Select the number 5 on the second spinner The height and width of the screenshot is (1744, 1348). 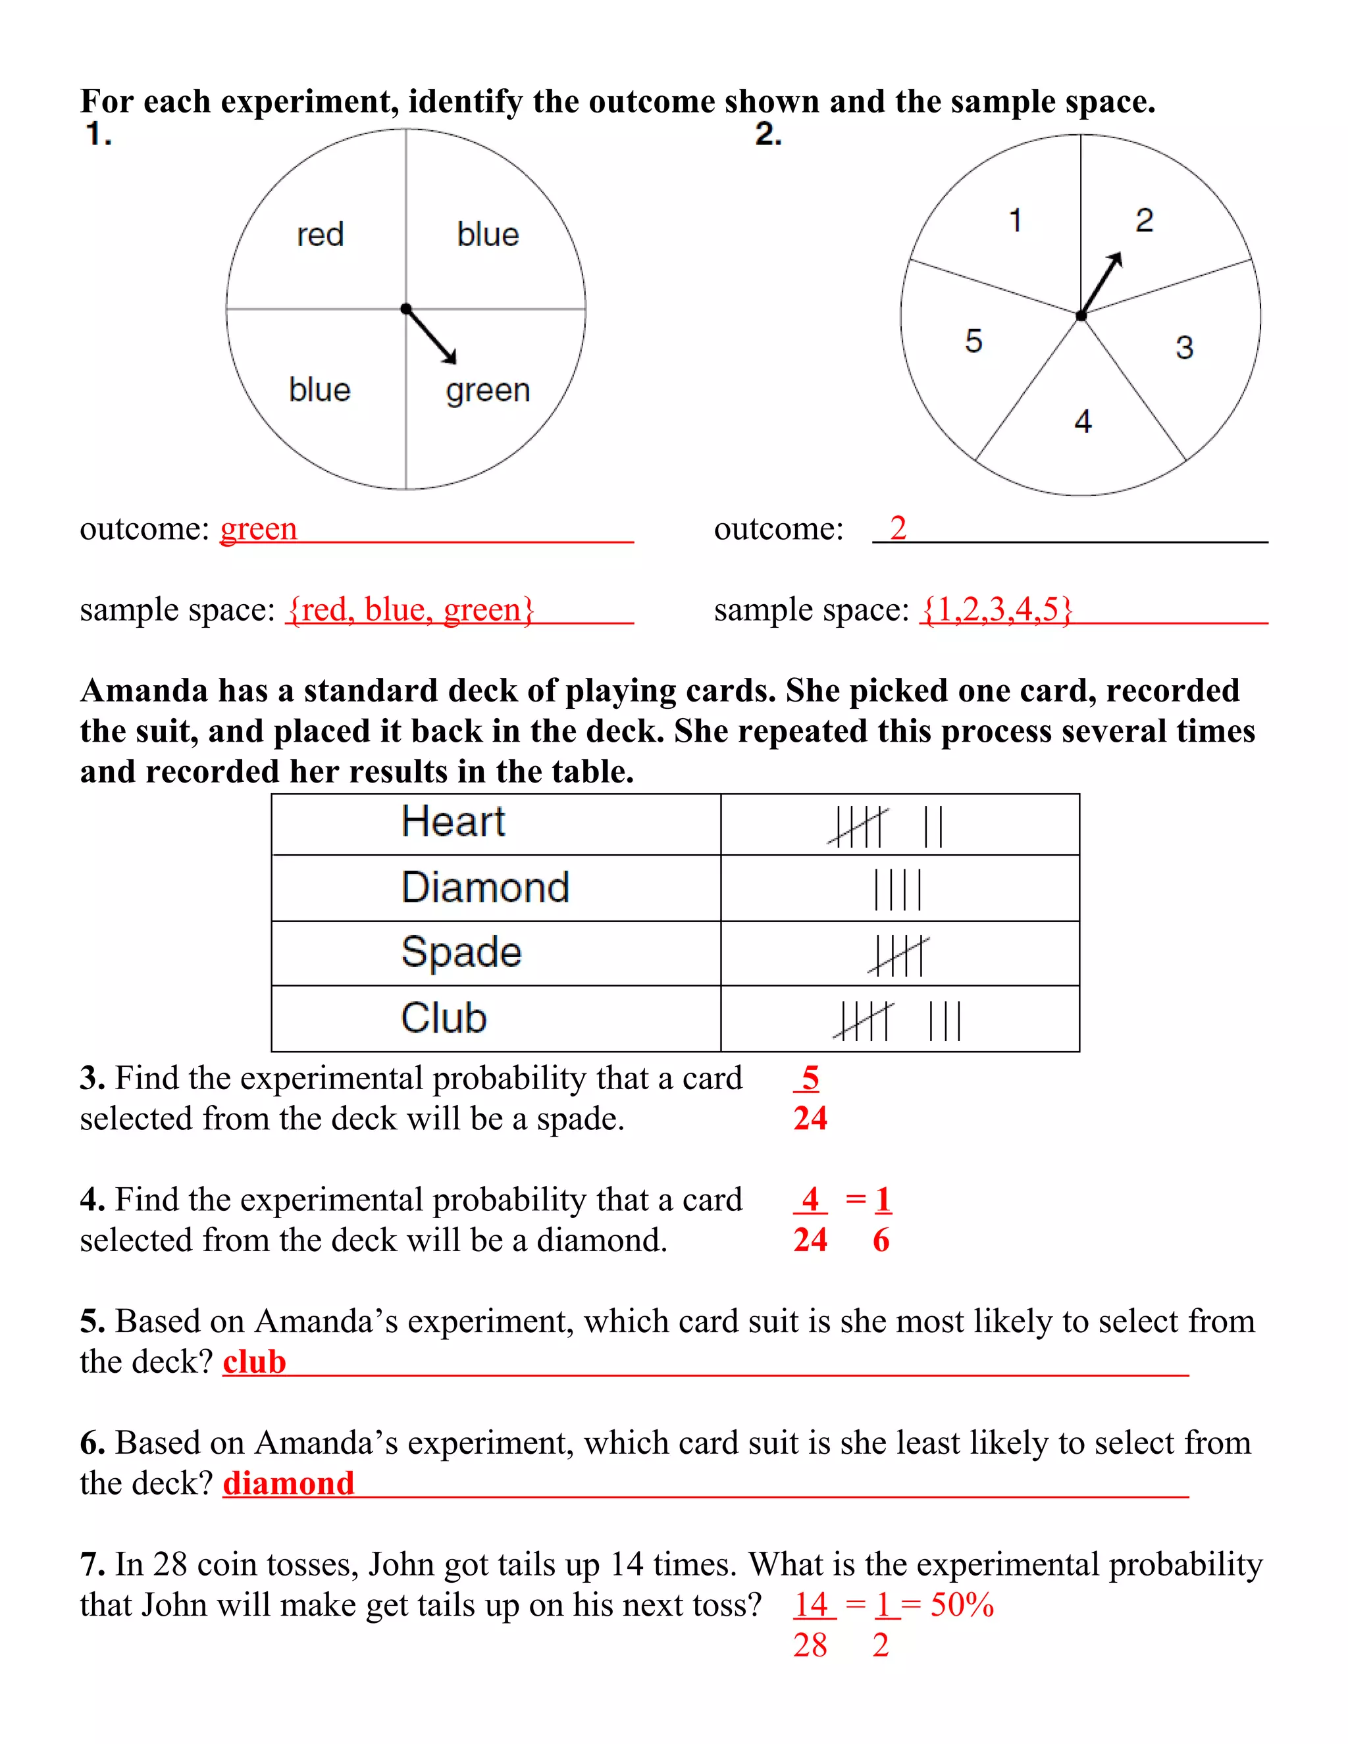click(973, 341)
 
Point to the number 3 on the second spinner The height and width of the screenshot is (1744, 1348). click(1184, 347)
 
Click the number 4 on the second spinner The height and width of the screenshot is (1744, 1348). click(1083, 422)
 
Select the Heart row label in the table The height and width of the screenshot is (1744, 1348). click(453, 822)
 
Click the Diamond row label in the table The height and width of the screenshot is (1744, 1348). click(484, 887)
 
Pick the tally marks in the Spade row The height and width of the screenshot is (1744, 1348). click(898, 955)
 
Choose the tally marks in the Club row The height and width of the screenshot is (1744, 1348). click(898, 1021)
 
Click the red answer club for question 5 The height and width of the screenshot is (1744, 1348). click(254, 1362)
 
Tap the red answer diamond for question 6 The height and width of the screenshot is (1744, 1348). click(288, 1483)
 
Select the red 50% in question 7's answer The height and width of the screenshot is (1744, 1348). click(962, 1605)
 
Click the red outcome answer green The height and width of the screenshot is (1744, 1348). click(259, 529)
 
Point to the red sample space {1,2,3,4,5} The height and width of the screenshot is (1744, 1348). click(997, 609)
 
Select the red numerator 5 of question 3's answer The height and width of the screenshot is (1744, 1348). click(810, 1078)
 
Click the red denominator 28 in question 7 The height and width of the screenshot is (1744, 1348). click(810, 1646)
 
